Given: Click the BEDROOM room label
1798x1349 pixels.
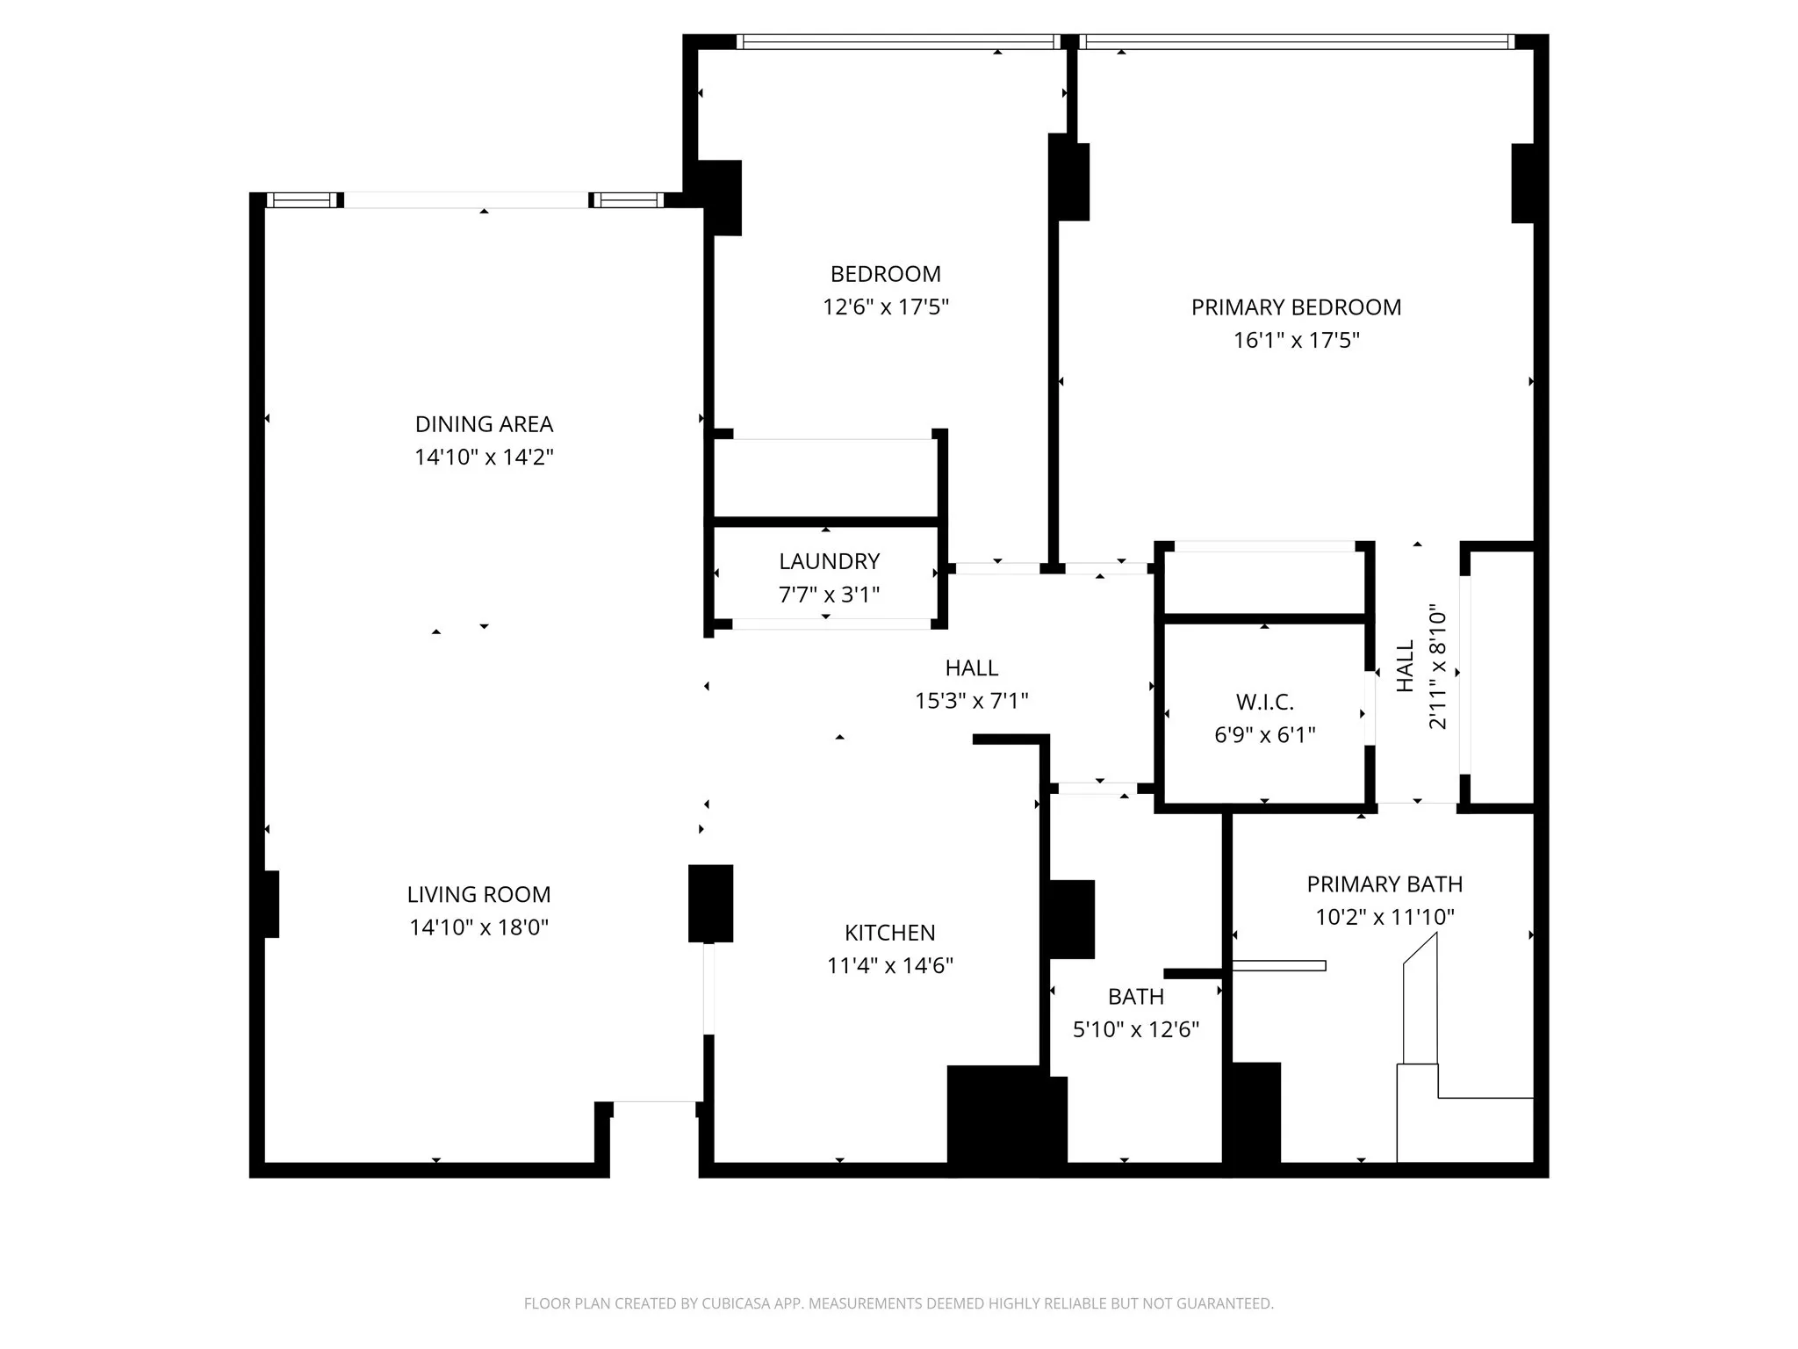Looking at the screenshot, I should [885, 274].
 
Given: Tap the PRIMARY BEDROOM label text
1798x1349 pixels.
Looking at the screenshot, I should [1296, 307].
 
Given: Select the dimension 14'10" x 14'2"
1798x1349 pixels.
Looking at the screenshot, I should [484, 458].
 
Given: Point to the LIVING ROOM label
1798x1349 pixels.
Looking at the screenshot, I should [478, 895].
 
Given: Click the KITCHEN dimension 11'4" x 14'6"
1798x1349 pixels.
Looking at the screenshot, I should [889, 966].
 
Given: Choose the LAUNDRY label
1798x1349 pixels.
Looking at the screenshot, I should [829, 561].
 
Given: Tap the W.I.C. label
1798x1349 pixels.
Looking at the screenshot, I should [1264, 702].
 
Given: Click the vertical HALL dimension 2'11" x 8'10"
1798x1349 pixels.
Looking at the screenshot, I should [1436, 666].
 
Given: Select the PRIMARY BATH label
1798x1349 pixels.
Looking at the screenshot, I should [1384, 884].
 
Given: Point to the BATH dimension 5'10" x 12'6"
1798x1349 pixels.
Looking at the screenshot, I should [1135, 1029].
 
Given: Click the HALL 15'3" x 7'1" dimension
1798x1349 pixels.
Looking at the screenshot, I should [971, 701].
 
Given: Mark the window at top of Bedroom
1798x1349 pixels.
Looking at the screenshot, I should [897, 41].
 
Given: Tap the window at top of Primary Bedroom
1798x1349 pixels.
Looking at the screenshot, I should [1296, 41].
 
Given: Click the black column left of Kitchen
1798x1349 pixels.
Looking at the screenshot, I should [710, 903].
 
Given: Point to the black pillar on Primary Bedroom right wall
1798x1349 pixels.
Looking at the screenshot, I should [1522, 183].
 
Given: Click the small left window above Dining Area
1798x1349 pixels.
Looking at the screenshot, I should [301, 200].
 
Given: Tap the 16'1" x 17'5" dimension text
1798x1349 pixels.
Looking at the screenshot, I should [1296, 341].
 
